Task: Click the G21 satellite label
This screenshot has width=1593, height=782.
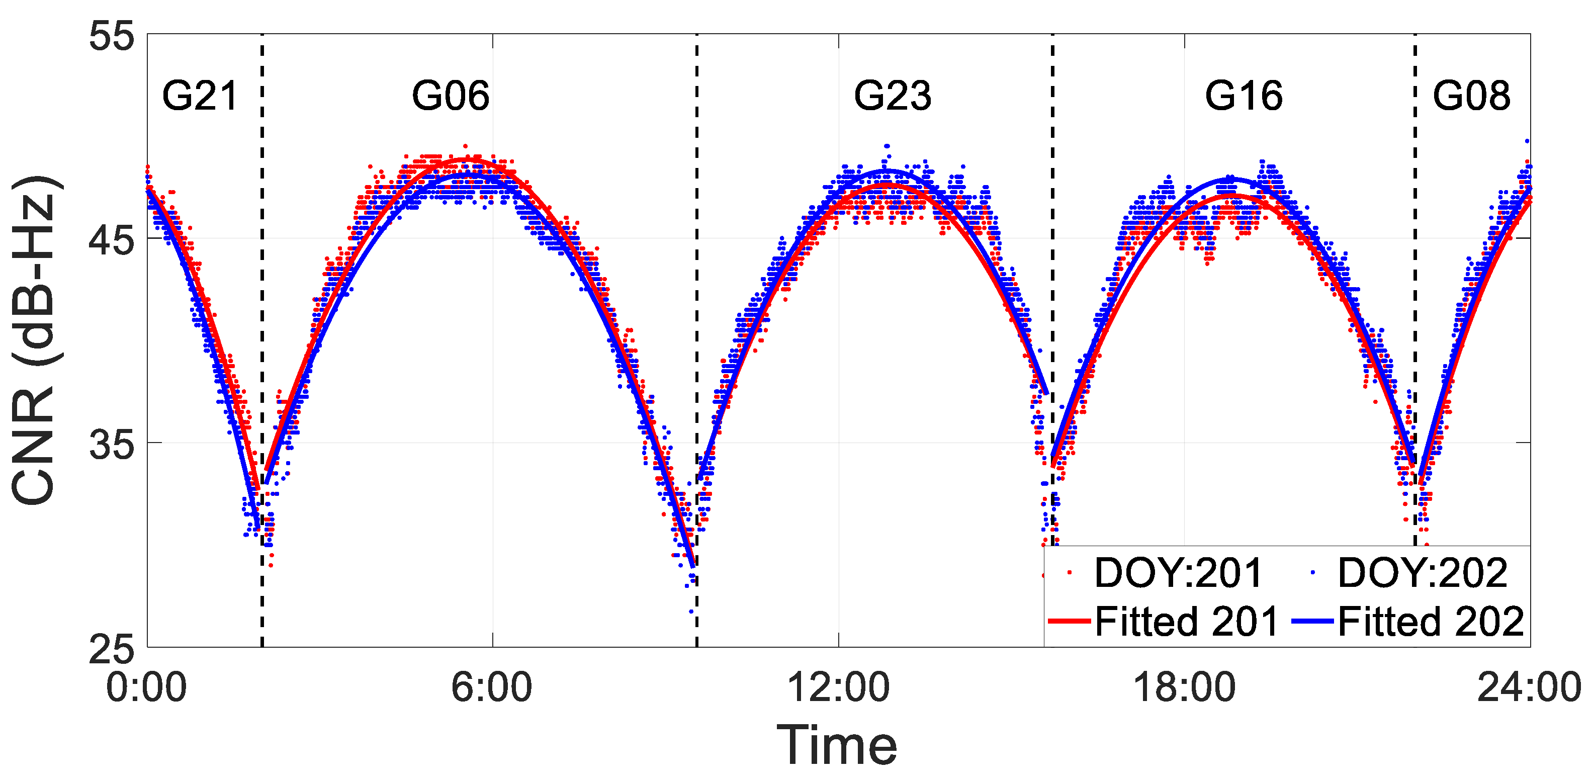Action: [200, 97]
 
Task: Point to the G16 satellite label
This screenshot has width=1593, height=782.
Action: [1244, 97]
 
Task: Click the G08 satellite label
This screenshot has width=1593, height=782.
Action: [1471, 97]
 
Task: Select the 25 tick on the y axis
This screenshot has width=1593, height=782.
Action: [111, 650]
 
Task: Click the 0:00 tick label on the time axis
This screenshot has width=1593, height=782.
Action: [146, 687]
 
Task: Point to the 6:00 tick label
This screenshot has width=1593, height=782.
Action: [492, 687]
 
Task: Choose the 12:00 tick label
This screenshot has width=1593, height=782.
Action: [838, 687]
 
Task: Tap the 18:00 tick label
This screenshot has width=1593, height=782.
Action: [1184, 687]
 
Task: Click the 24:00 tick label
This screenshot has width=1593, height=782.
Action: [1529, 687]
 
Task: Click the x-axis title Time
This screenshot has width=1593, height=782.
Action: [837, 745]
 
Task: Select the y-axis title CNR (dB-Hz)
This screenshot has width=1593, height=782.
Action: [36, 340]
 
